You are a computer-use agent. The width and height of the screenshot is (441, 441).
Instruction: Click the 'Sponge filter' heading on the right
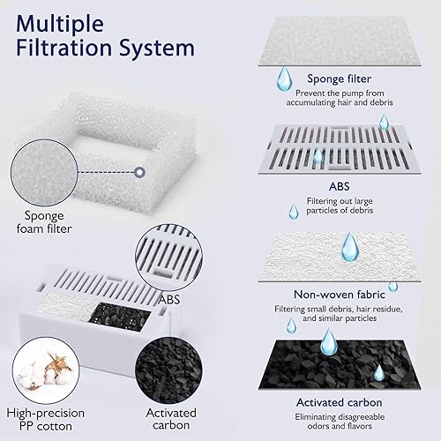point(339,78)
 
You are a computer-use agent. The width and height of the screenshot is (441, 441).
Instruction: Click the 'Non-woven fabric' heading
point(339,295)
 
